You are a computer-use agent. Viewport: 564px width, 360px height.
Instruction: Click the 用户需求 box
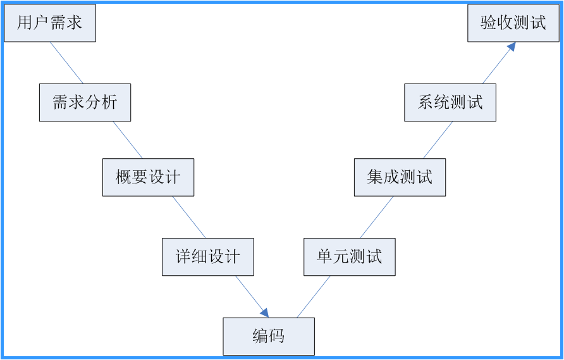(50, 23)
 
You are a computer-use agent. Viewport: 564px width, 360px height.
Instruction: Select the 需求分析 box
(85, 102)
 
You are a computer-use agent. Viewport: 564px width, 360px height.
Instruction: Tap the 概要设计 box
(148, 177)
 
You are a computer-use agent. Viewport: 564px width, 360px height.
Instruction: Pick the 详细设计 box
(207, 257)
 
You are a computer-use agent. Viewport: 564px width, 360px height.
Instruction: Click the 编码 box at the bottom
(268, 336)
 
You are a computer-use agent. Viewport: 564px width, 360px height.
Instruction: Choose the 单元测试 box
(349, 257)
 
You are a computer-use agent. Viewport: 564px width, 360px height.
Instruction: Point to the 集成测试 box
(400, 177)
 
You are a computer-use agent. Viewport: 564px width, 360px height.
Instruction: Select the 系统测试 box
(450, 102)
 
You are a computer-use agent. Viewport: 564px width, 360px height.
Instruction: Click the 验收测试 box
(513, 23)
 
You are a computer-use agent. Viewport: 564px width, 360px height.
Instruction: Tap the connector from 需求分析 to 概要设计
(128, 140)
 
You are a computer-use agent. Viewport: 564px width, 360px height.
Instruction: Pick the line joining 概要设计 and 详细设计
(189, 217)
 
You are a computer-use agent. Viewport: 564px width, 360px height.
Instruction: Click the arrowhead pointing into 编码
(265, 313)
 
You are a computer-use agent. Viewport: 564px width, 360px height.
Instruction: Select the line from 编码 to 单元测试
(314, 296)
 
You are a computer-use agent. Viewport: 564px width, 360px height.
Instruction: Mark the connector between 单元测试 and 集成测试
(376, 217)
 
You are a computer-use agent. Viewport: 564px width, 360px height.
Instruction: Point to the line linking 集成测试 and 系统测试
(438, 140)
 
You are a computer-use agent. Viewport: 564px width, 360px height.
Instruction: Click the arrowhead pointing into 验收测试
(512, 46)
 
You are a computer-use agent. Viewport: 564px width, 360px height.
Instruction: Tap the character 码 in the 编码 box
(276, 336)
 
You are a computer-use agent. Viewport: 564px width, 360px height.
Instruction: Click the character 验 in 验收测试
(489, 23)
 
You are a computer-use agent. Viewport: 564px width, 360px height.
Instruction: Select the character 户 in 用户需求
(42, 23)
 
